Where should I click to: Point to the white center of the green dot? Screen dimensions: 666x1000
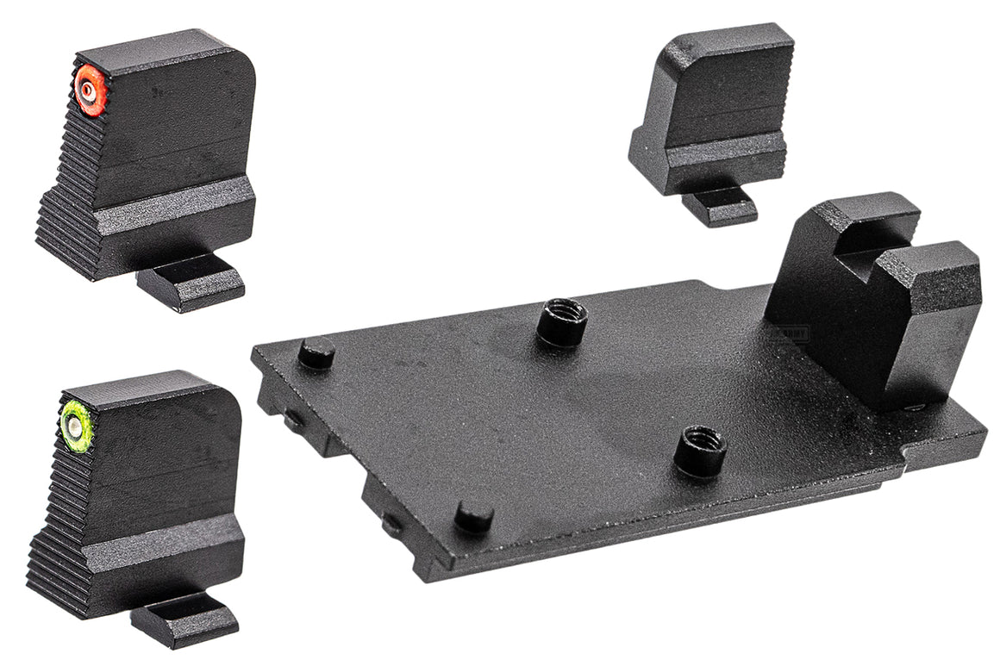pyautogui.click(x=75, y=424)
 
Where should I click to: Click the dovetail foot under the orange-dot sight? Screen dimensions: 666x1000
pyautogui.click(x=191, y=282)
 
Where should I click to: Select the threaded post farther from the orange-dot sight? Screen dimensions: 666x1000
pyautogui.click(x=700, y=449)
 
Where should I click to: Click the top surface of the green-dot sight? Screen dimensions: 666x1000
pyautogui.click(x=147, y=388)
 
